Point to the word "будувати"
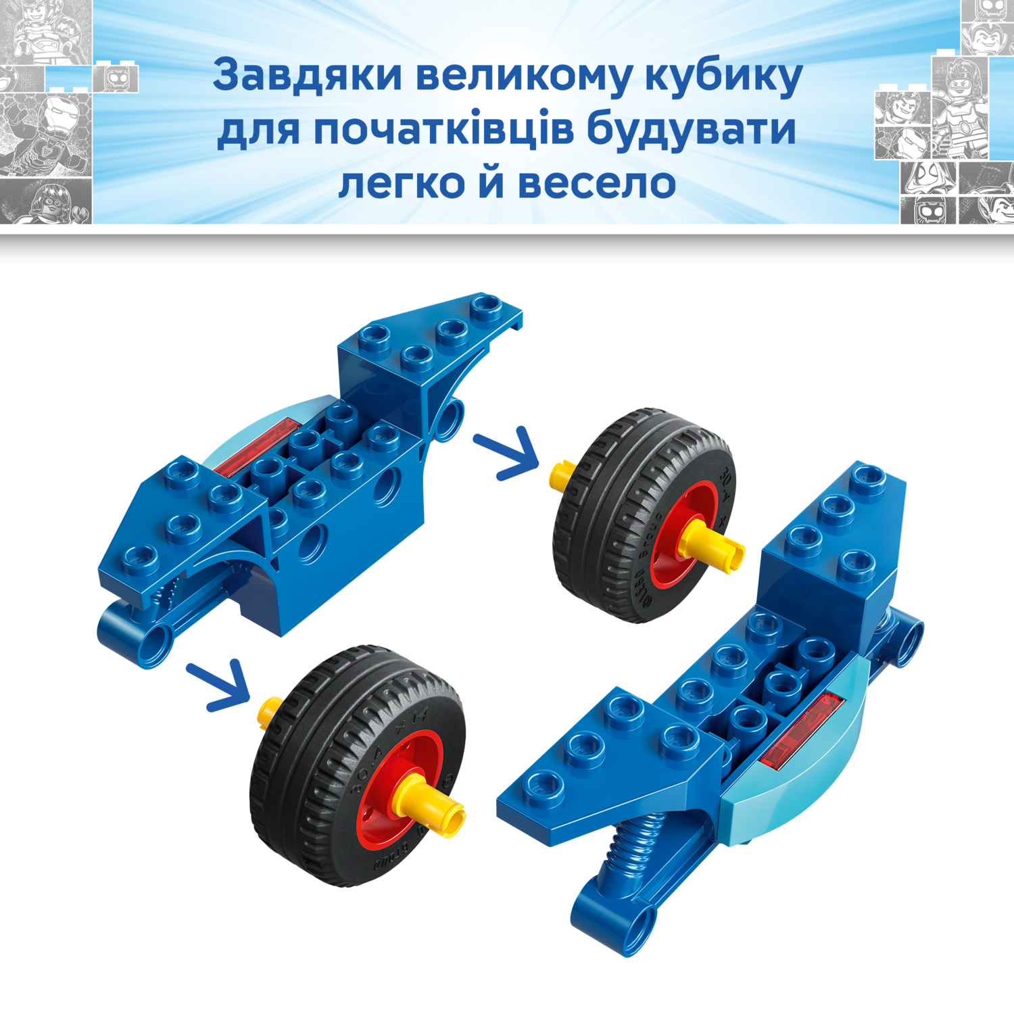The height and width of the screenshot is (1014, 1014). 691,130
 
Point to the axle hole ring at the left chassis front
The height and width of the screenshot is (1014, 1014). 156,639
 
